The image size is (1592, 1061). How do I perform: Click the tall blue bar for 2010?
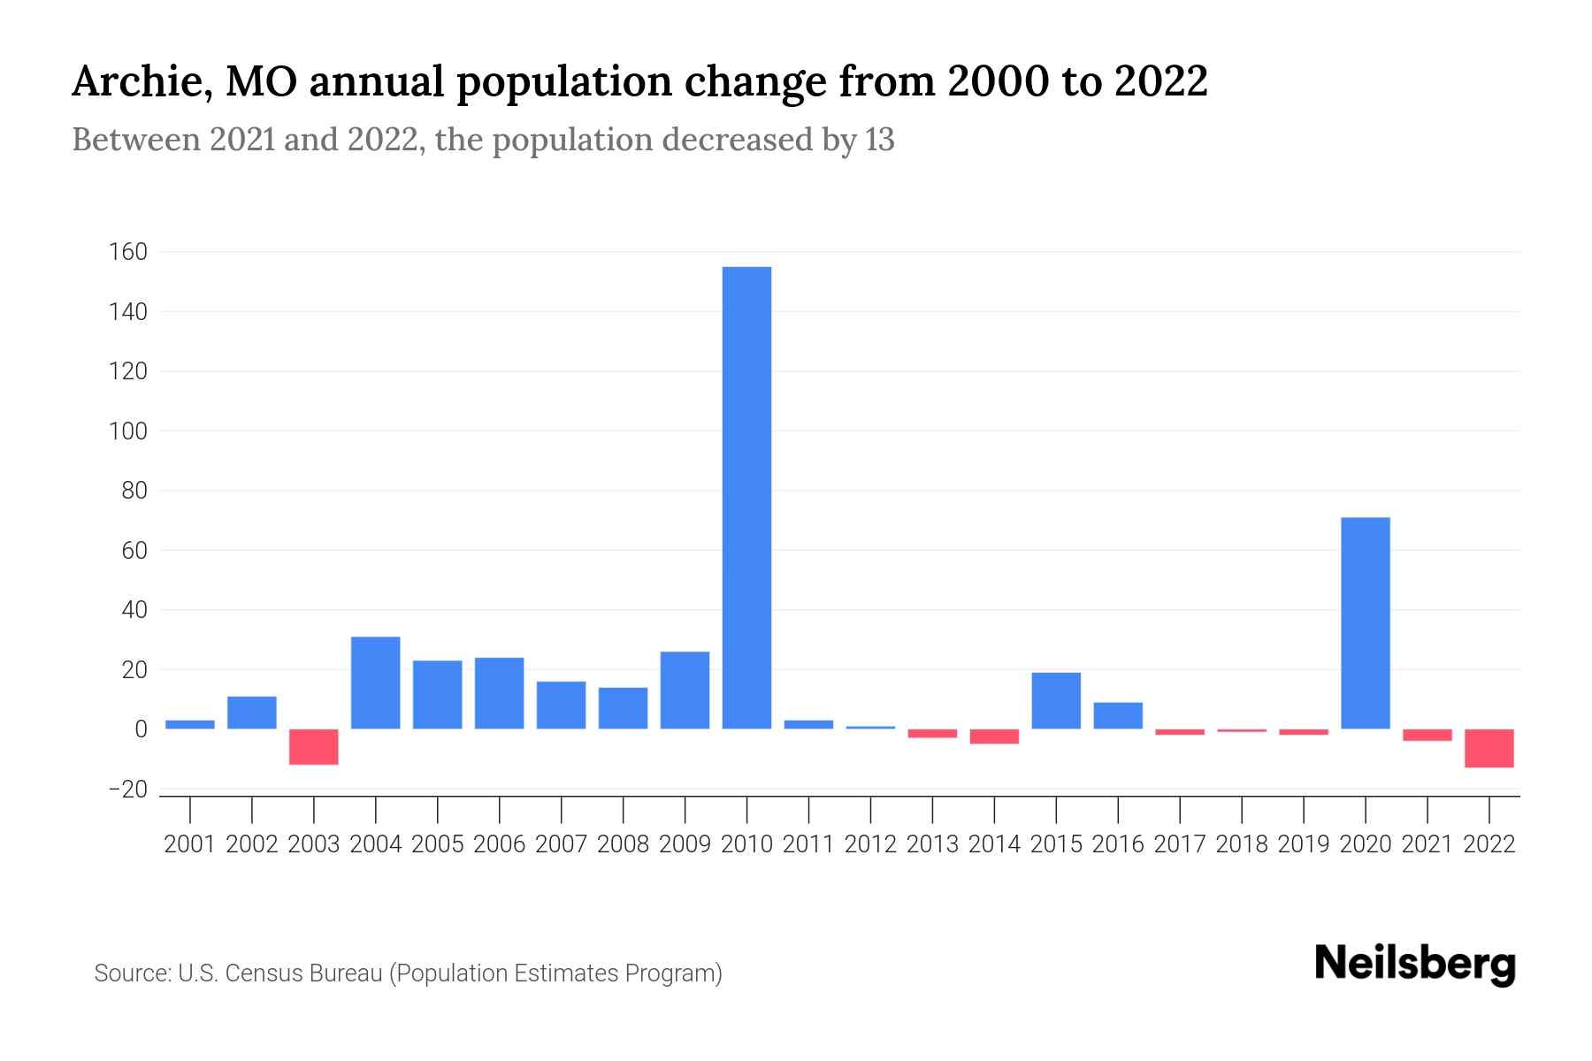(x=746, y=498)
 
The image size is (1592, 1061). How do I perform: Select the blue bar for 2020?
(x=1365, y=623)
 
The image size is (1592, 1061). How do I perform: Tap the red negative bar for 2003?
(x=314, y=747)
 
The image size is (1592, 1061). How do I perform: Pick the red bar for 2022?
(x=1489, y=748)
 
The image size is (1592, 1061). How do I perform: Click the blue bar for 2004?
(x=376, y=683)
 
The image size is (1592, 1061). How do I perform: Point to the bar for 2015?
(x=1056, y=701)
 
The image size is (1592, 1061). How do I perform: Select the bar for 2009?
(x=685, y=691)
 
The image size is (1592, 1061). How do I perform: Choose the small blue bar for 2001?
(x=190, y=725)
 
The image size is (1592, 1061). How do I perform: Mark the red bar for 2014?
(x=994, y=737)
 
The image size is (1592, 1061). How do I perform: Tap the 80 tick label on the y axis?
(x=134, y=491)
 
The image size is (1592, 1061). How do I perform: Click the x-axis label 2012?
(x=870, y=844)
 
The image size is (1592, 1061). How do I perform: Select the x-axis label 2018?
(x=1241, y=844)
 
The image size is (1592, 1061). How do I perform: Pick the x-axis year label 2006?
(x=499, y=844)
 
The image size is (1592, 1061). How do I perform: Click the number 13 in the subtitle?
(x=879, y=140)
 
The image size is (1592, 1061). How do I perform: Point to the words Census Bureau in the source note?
(x=302, y=973)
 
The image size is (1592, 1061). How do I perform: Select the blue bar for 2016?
(x=1118, y=716)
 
